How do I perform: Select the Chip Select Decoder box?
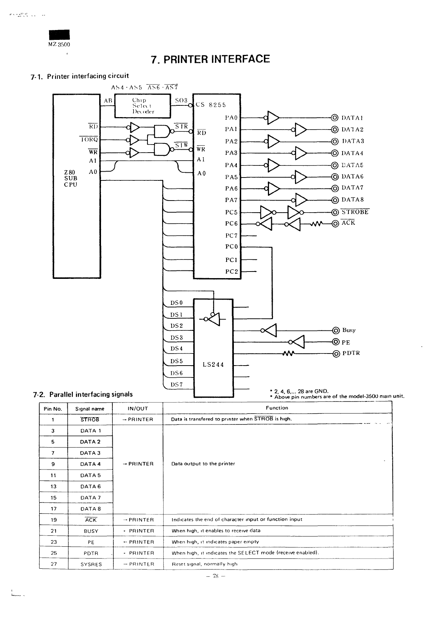point(143,106)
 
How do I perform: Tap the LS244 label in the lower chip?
point(213,364)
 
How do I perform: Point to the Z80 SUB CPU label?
point(71,179)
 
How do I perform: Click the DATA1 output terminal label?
point(352,118)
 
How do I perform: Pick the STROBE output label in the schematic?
point(355,212)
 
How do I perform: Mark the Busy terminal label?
point(349,330)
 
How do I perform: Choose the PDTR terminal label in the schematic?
point(351,353)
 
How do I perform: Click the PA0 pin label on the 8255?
point(231,118)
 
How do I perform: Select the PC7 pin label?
point(231,235)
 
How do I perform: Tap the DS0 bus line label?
point(176,303)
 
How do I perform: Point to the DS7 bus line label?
point(176,384)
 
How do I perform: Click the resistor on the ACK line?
point(316,224)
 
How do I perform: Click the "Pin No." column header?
point(53,409)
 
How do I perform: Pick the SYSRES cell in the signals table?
point(91,564)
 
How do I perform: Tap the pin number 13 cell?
point(53,486)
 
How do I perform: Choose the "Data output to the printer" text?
point(203,464)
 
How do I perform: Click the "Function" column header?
point(277,408)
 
